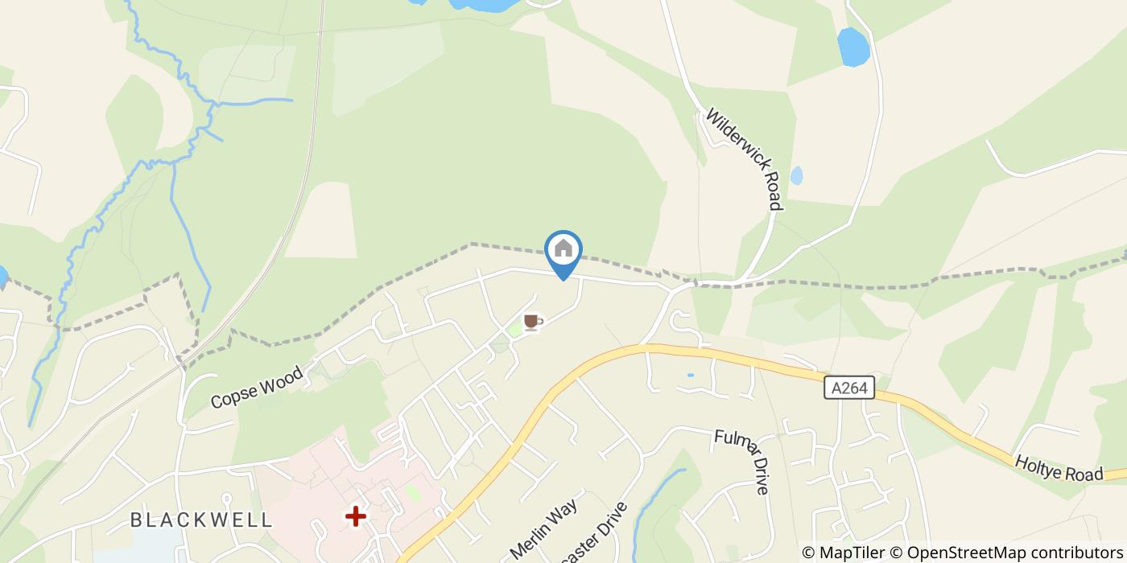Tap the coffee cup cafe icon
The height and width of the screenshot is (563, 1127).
532,323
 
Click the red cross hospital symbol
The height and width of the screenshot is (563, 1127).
355,516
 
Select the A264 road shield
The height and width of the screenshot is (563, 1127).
849,388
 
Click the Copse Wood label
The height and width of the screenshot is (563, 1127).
257,387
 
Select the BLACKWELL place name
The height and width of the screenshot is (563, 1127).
201,520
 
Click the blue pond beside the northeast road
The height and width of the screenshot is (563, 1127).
852,47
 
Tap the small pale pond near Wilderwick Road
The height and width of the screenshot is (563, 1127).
796,175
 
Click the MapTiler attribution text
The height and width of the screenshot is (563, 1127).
850,553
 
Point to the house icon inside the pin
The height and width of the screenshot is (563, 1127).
563,248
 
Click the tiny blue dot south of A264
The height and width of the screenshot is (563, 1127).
690,375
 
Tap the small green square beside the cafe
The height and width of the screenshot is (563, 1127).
515,331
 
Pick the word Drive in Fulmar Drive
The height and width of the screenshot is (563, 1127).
760,476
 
